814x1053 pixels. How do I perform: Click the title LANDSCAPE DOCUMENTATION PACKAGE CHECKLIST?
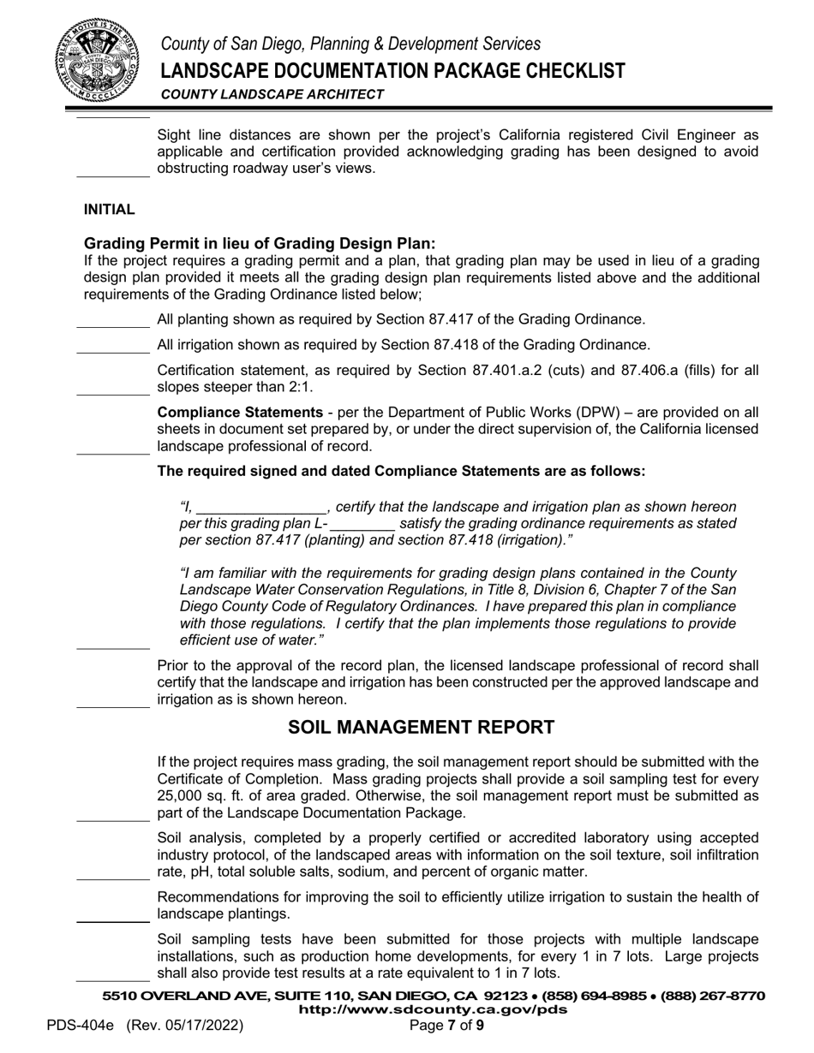(x=392, y=70)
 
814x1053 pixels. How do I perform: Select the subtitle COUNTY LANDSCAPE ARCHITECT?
(x=272, y=94)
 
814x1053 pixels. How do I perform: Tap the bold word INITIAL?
(x=109, y=210)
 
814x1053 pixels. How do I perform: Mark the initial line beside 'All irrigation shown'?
(x=112, y=350)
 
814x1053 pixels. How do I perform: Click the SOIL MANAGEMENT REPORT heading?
(x=421, y=728)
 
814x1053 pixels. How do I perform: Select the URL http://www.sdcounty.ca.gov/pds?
(x=433, y=1010)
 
